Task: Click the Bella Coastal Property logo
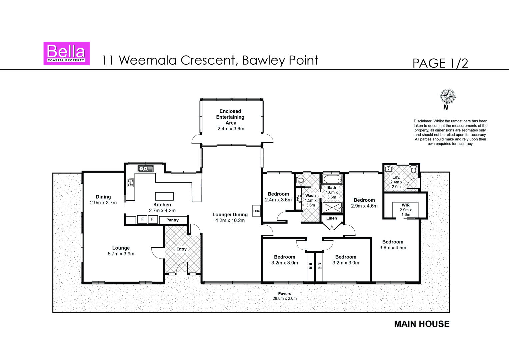[x=66, y=53]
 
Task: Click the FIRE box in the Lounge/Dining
[x=256, y=211]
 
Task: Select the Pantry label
[x=172, y=220]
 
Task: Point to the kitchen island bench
[x=164, y=196]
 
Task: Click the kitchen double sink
[x=146, y=169]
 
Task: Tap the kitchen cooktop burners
[x=131, y=182]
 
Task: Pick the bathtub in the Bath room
[x=332, y=180]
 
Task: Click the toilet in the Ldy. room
[x=414, y=170]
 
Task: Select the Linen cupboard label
[x=332, y=218]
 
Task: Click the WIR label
[x=406, y=205]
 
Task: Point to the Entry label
[x=182, y=249]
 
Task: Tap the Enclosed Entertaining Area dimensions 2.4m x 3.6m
[x=231, y=129]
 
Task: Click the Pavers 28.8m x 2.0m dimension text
[x=285, y=298]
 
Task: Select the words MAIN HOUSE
[x=422, y=324]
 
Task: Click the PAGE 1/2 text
[x=440, y=63]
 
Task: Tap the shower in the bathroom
[x=332, y=207]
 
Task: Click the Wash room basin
[x=299, y=199]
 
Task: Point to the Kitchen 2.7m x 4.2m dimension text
[x=162, y=211]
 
